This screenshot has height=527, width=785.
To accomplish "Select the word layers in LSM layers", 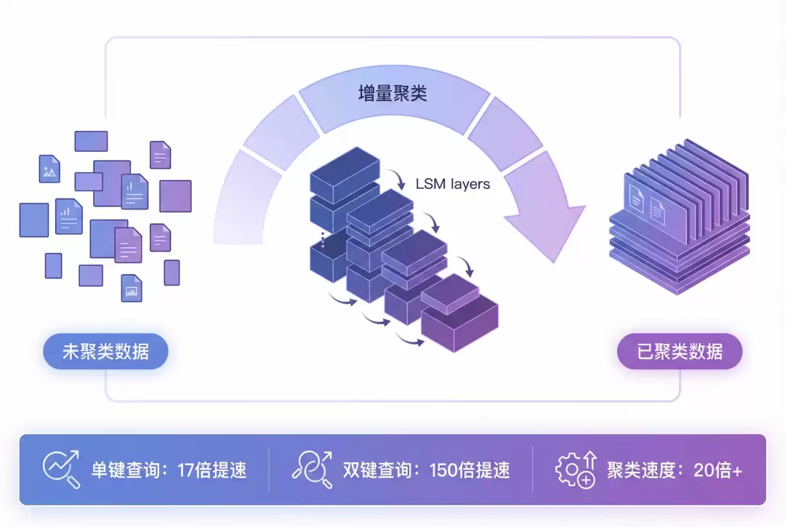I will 470,184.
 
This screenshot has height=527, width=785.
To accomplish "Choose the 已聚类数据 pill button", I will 680,353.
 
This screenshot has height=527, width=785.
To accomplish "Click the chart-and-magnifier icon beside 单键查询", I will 61,469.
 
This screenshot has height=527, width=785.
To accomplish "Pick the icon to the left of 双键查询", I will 313,469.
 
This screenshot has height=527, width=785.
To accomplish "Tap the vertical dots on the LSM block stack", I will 323,239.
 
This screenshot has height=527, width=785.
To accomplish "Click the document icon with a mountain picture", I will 49,169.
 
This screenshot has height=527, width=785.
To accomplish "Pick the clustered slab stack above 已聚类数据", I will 677,222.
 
